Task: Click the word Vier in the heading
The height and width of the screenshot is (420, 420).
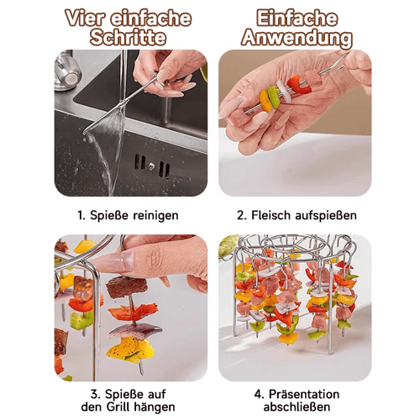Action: pyautogui.click(x=86, y=18)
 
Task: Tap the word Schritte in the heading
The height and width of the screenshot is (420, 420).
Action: pyautogui.click(x=128, y=38)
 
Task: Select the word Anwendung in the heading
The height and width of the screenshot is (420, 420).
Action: pyautogui.click(x=297, y=39)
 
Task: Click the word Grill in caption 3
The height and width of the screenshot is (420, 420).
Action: pyautogui.click(x=118, y=407)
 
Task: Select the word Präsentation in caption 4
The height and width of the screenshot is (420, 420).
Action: pyautogui.click(x=304, y=394)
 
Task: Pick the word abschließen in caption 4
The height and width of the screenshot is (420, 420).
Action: pyautogui.click(x=297, y=407)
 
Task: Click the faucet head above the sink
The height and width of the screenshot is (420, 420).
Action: pyautogui.click(x=67, y=72)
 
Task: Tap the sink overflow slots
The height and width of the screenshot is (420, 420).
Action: pyautogui.click(x=152, y=165)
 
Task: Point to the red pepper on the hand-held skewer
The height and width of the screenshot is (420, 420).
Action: pyautogui.click(x=298, y=85)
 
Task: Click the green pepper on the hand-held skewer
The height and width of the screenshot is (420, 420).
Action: pyautogui.click(x=274, y=97)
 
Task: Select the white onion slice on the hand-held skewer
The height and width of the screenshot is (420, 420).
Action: pyautogui.click(x=283, y=91)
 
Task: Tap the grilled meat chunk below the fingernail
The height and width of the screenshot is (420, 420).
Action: pyautogui.click(x=126, y=286)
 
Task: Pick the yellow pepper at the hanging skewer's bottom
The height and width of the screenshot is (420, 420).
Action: pyautogui.click(x=130, y=349)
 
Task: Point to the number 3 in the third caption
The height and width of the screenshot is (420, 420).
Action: pyautogui.click(x=95, y=394)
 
